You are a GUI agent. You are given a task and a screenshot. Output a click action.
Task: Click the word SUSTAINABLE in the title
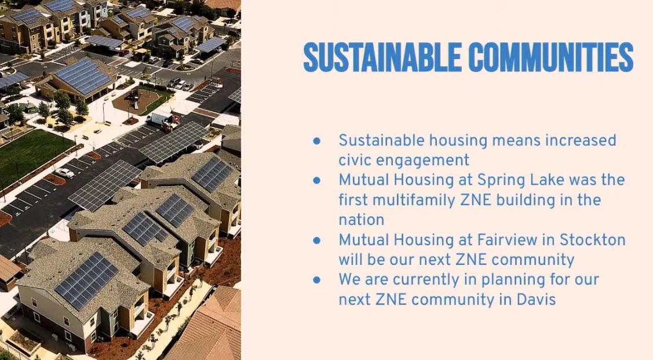tap(382, 57)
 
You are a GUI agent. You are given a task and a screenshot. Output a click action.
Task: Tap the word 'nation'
tap(362, 220)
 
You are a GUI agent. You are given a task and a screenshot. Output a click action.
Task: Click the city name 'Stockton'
tap(592, 239)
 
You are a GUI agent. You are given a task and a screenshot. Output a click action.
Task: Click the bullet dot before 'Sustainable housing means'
tap(316, 141)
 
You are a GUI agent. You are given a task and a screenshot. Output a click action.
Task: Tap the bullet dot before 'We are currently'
tap(316, 279)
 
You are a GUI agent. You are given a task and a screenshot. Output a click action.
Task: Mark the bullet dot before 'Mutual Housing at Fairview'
tap(316, 239)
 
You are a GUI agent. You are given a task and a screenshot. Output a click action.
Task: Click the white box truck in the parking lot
tap(162, 120)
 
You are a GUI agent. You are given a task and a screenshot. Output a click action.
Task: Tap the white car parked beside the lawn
tap(64, 173)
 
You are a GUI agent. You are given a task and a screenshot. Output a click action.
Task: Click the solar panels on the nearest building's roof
tap(87, 280)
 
